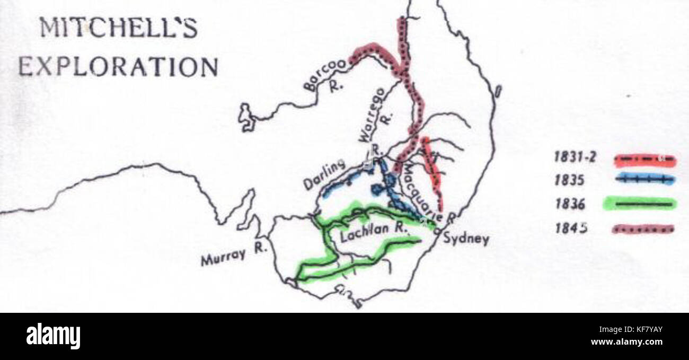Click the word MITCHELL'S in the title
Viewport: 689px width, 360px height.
coord(119,29)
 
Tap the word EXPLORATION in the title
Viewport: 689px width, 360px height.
coord(118,67)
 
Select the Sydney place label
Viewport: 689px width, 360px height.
coord(466,239)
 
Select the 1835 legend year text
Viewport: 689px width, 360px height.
coord(570,180)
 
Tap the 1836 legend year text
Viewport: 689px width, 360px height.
coord(570,204)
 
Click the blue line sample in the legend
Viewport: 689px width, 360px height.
coord(643,180)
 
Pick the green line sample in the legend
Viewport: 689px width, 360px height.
coord(640,204)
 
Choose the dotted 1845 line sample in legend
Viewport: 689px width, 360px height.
coord(643,229)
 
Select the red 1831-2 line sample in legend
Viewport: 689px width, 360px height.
coord(644,158)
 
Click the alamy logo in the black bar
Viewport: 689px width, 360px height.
coord(53,336)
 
